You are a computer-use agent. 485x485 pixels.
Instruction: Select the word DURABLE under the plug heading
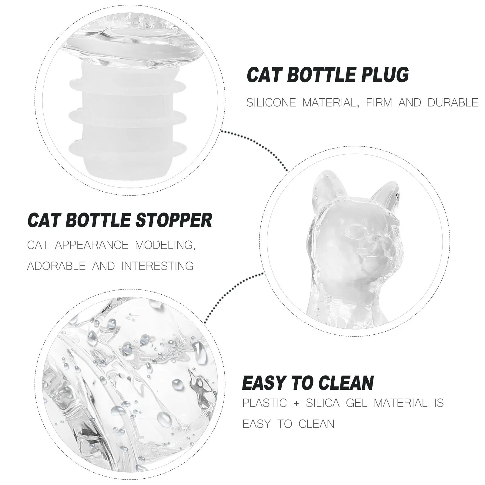click(453, 103)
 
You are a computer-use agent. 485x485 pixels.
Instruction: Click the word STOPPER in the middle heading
click(174, 220)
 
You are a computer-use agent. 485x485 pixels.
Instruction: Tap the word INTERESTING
click(157, 266)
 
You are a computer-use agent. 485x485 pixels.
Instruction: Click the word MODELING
click(164, 245)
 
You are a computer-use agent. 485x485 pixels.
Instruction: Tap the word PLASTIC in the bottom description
click(264, 403)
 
